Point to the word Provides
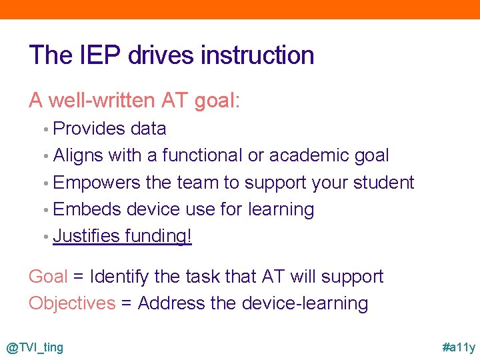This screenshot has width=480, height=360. pyautogui.click(x=89, y=128)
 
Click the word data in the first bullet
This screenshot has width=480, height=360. pyautogui.click(x=148, y=128)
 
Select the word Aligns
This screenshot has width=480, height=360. pyautogui.click(x=78, y=155)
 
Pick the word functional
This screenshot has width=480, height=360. pyautogui.click(x=203, y=155)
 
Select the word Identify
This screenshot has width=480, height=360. pyautogui.click(x=122, y=277)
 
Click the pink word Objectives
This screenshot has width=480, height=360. pyautogui.click(x=72, y=303)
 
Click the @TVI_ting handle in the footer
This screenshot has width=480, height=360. pyautogui.click(x=35, y=347)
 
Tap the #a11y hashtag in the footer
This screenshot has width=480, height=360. pyautogui.click(x=459, y=347)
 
